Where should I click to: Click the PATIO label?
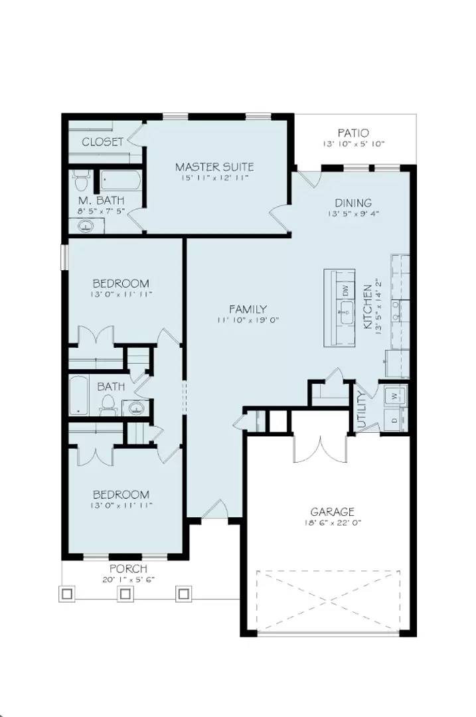click(x=353, y=133)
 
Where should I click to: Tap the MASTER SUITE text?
click(x=214, y=167)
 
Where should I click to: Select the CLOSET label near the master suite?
click(x=102, y=142)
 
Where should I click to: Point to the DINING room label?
click(x=353, y=203)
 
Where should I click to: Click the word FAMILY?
click(x=248, y=309)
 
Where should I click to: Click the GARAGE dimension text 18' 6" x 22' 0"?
click(x=332, y=523)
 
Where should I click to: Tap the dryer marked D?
click(x=394, y=421)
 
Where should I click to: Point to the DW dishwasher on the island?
click(x=345, y=290)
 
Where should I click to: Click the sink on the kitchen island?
click(x=345, y=312)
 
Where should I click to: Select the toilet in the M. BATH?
click(x=82, y=181)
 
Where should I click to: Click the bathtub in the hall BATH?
click(x=79, y=396)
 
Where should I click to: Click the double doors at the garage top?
click(x=319, y=449)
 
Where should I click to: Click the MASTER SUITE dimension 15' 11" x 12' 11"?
click(x=214, y=179)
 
